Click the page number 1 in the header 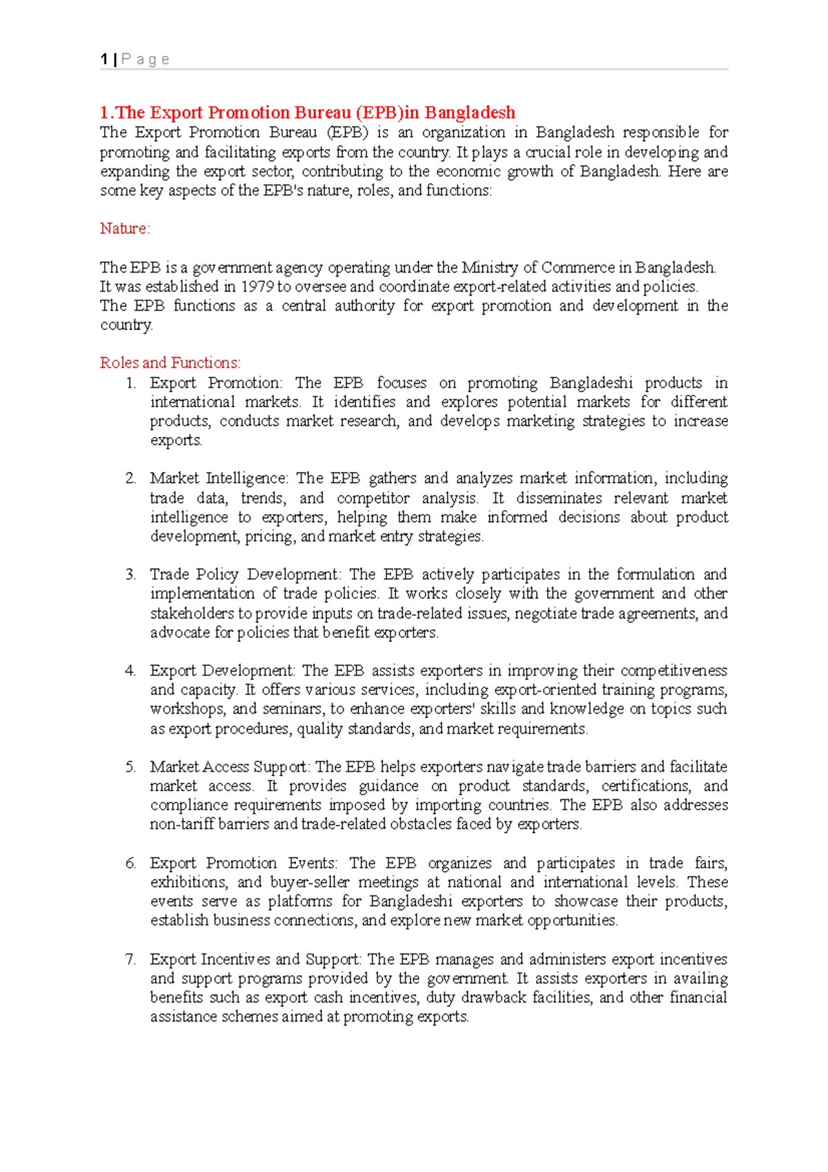(x=104, y=59)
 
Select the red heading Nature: (x=125, y=228)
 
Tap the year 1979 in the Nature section (x=257, y=286)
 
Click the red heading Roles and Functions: (x=170, y=363)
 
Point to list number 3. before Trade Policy (x=130, y=574)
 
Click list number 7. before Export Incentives (x=130, y=959)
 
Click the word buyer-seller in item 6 (x=309, y=882)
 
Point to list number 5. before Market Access (x=130, y=767)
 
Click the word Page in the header (x=146, y=59)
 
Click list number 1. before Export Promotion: (x=131, y=383)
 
